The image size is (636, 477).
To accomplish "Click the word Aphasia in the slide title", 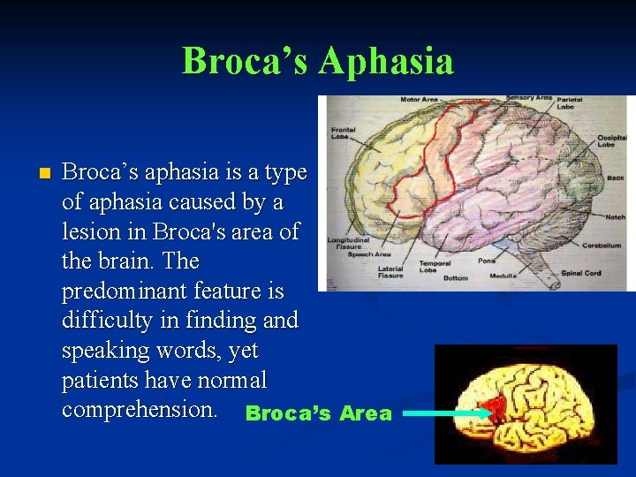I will [386, 62].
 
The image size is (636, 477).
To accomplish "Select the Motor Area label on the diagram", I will [419, 100].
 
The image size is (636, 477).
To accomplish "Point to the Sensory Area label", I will [529, 98].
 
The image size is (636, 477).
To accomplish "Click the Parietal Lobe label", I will [570, 103].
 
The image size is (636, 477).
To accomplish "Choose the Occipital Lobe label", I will [611, 140].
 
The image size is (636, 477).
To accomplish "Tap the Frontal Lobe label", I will [344, 133].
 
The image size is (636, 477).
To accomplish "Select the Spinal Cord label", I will [581, 273].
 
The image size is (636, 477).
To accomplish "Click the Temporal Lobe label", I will [435, 266].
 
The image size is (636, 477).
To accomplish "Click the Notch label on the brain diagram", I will [616, 217].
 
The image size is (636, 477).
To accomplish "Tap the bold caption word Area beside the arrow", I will [366, 414].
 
